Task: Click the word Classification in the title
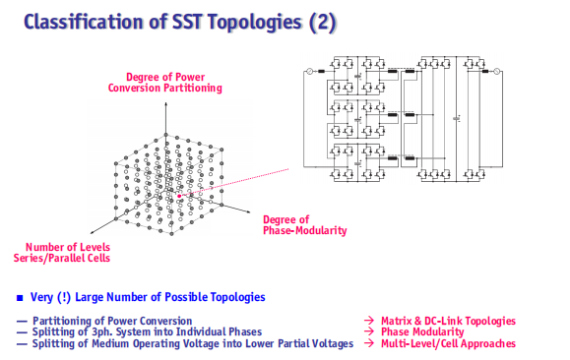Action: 84,22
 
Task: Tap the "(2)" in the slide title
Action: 322,23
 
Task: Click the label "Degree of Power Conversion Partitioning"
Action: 165,83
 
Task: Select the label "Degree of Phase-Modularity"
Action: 304,225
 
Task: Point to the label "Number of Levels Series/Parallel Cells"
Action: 62,253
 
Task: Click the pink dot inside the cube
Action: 179,196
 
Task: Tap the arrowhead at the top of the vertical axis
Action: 165,104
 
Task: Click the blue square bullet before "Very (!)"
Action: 20,298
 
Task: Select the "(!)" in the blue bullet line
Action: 64,297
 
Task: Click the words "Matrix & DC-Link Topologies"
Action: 448,321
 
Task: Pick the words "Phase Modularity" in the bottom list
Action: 422,331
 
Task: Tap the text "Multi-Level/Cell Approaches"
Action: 448,343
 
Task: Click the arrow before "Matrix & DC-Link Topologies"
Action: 369,321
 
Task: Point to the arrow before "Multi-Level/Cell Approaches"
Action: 369,343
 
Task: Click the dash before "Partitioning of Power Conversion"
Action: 22,322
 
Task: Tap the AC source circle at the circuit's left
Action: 310,71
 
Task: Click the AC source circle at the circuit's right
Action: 496,71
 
